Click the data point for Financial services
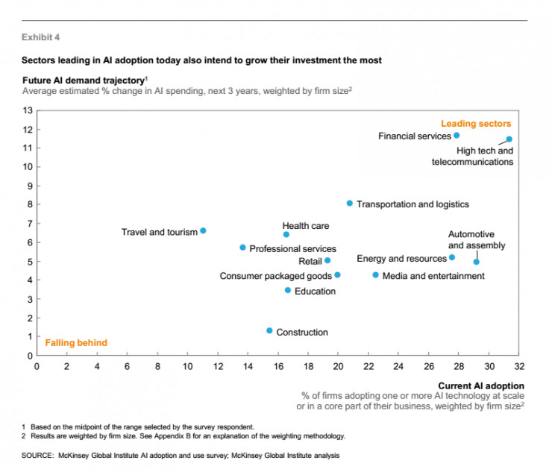pyautogui.click(x=457, y=136)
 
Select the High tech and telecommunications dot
pyautogui.click(x=509, y=139)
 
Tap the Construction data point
pyautogui.click(x=269, y=330)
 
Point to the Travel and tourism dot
pyautogui.click(x=203, y=231)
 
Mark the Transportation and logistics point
pyautogui.click(x=349, y=204)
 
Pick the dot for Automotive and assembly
pyautogui.click(x=477, y=262)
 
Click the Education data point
pyautogui.click(x=288, y=290)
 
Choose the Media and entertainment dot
pyautogui.click(x=375, y=275)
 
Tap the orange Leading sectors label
pyautogui.click(x=475, y=124)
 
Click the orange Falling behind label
pyautogui.click(x=76, y=343)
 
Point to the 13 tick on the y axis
pyautogui.click(x=28, y=110)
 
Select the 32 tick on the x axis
pyautogui.click(x=518, y=366)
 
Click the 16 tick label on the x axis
pyautogui.click(x=277, y=366)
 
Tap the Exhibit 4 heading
pyautogui.click(x=42, y=37)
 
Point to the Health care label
pyautogui.click(x=305, y=226)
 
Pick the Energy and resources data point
pyautogui.click(x=452, y=257)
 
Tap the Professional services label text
pyautogui.click(x=292, y=248)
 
